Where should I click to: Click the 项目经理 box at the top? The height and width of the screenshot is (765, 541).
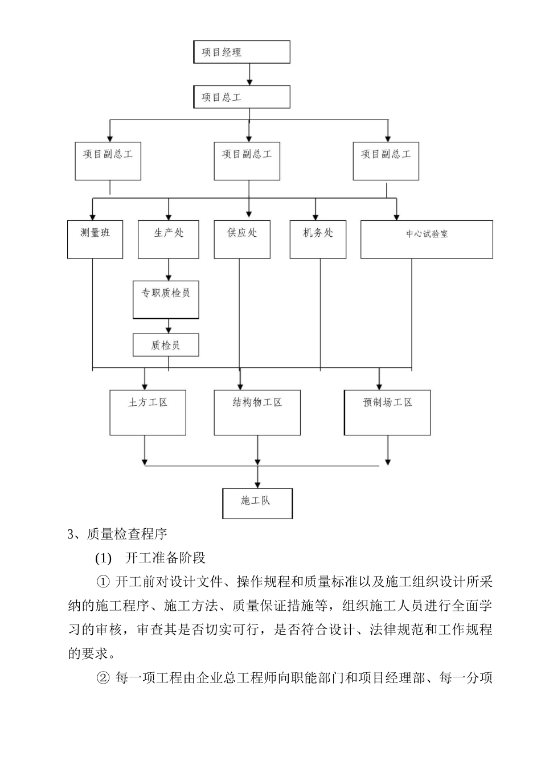coord(241,52)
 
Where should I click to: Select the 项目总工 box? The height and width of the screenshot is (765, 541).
coord(241,97)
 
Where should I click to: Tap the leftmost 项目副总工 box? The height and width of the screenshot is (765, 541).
coord(108,161)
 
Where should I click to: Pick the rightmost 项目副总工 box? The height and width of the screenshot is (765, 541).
coord(386,161)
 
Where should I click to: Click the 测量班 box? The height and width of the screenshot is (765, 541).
coord(95,239)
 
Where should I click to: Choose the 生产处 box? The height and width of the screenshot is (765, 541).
coord(169,239)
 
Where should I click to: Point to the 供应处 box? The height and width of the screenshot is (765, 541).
coord(242,239)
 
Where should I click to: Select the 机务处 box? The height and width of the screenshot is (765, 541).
coord(318,239)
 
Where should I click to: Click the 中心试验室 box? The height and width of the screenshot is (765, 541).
coord(427,239)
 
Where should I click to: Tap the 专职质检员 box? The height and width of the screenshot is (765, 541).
coord(166,299)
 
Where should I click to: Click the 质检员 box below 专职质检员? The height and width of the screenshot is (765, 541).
coord(166,345)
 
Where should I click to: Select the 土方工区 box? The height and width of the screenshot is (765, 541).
coord(147,413)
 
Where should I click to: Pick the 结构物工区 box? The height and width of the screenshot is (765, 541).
coord(257,413)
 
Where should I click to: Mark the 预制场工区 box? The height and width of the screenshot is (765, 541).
coord(387,413)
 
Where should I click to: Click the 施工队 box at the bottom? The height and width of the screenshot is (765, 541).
coord(257,503)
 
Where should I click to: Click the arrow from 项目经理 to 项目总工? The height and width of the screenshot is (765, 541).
coord(249,75)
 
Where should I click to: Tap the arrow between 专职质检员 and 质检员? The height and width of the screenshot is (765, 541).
coord(169,326)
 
